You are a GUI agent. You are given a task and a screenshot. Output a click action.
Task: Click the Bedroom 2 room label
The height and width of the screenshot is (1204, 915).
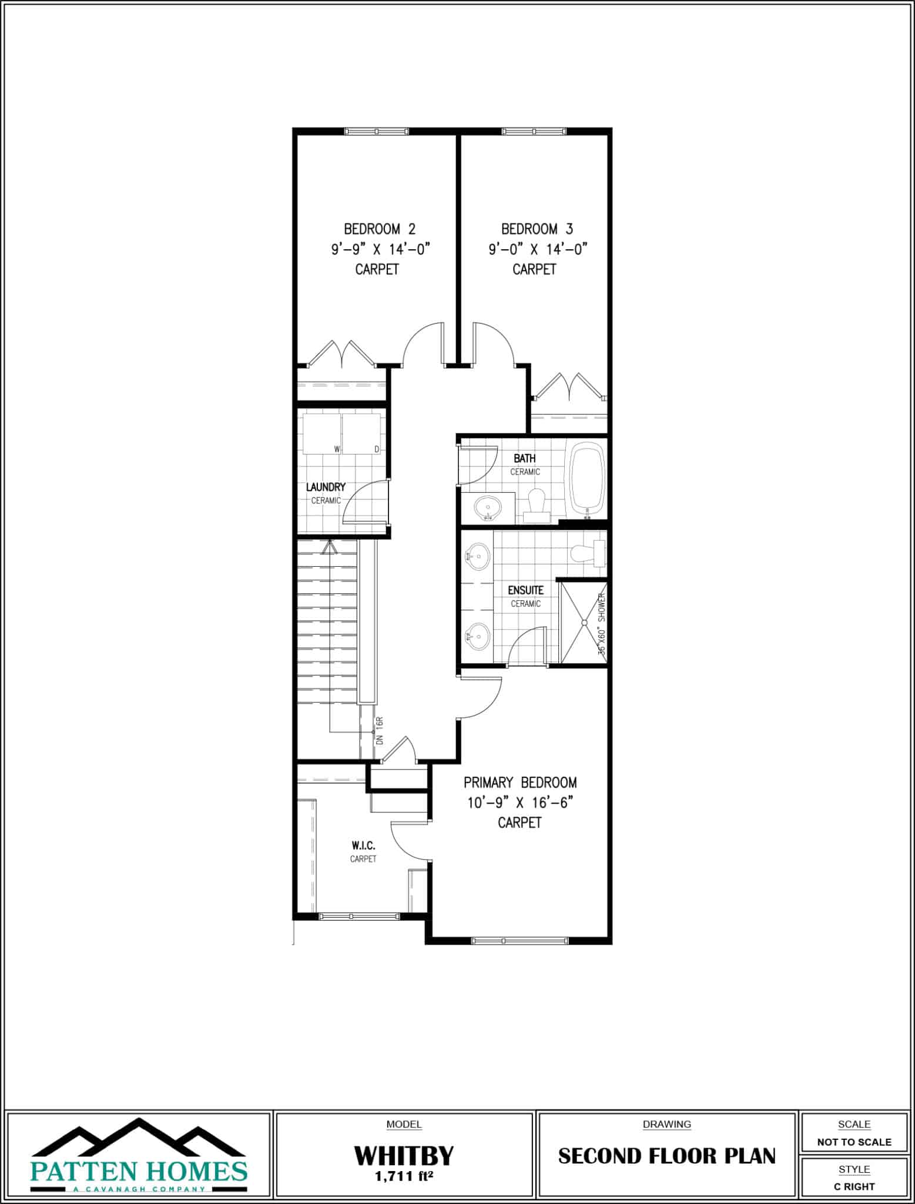pyautogui.click(x=380, y=229)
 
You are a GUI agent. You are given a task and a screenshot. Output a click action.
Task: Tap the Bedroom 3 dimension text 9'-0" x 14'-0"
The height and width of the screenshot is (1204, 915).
pyautogui.click(x=538, y=249)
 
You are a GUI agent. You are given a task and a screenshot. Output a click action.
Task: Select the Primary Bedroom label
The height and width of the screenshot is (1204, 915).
pyautogui.click(x=520, y=782)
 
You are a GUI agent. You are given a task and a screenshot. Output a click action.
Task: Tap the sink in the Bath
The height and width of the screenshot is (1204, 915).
pyautogui.click(x=487, y=507)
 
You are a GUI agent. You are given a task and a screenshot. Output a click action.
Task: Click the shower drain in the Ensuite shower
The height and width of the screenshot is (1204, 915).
pyautogui.click(x=584, y=622)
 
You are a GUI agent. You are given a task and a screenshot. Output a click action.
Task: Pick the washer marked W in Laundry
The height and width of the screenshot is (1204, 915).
pyautogui.click(x=322, y=434)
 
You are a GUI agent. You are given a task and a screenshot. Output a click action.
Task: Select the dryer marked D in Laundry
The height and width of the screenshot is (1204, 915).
pyautogui.click(x=361, y=434)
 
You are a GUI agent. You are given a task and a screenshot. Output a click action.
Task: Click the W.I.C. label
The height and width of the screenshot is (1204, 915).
pyautogui.click(x=363, y=845)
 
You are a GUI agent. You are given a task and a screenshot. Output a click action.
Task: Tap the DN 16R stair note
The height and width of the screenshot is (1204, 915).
pyautogui.click(x=380, y=731)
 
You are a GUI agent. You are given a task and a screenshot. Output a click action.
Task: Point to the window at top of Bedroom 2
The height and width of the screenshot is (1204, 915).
pyautogui.click(x=376, y=131)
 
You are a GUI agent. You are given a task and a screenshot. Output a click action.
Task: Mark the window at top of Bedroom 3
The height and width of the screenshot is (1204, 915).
pyautogui.click(x=534, y=131)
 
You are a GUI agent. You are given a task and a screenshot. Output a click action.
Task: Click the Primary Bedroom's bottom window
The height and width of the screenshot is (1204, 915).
pyautogui.click(x=520, y=941)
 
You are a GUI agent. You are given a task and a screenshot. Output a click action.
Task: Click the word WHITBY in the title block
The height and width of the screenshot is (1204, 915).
pyautogui.click(x=404, y=1156)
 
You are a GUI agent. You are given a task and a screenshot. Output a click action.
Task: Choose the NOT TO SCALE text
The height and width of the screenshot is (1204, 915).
pyautogui.click(x=854, y=1142)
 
